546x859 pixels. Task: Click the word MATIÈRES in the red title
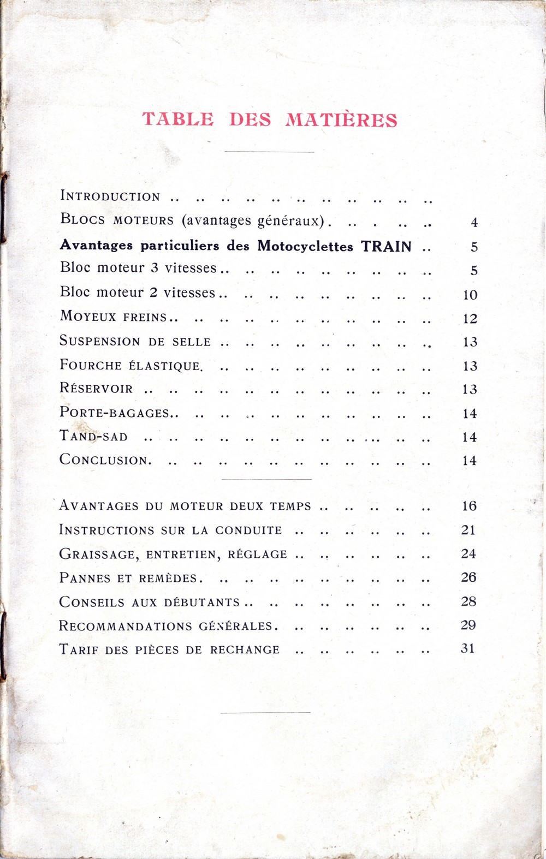(341, 120)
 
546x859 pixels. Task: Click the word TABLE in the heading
(178, 119)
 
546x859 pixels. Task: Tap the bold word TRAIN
(386, 246)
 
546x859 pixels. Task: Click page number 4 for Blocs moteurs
(474, 223)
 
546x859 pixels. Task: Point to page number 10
(470, 295)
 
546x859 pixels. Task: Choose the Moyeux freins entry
(114, 317)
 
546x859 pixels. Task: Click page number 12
(470, 319)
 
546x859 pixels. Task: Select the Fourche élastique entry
(131, 365)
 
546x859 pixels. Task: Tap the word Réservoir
(96, 389)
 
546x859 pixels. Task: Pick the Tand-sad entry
(94, 437)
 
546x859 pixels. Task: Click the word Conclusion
(104, 460)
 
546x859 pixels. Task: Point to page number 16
(469, 506)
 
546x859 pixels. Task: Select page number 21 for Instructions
(468, 530)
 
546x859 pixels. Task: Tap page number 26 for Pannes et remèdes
(468, 577)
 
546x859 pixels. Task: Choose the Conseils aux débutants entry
(150, 602)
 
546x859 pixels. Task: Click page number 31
(468, 649)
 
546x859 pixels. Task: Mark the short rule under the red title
(269, 152)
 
